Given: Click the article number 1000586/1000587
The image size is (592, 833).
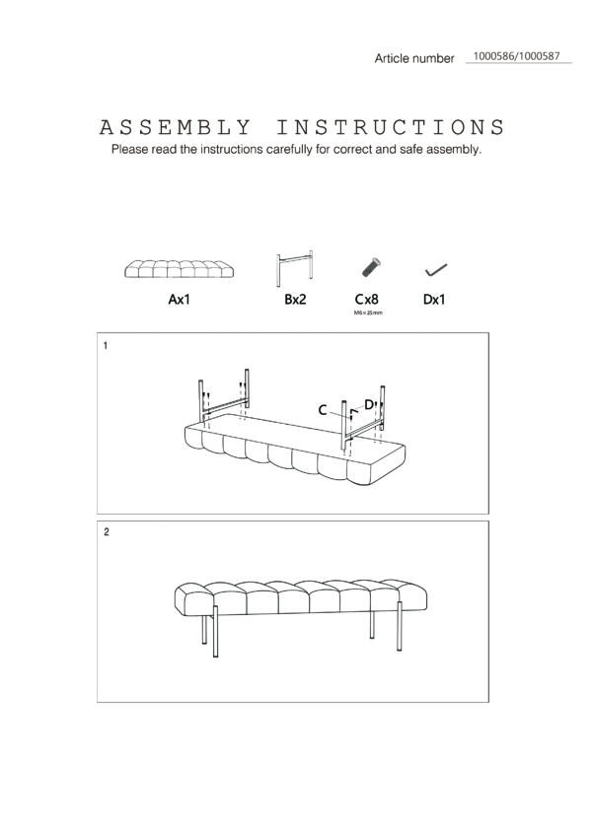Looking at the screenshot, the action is [516, 56].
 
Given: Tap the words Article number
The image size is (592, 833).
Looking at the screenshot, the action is [414, 58].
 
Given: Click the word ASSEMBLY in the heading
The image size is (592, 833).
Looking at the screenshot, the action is [175, 128].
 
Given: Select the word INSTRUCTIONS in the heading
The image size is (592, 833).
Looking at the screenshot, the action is [390, 128].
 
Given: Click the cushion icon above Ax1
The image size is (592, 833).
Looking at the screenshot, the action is [180, 269].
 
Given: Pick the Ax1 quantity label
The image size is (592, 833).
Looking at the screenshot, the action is [180, 300].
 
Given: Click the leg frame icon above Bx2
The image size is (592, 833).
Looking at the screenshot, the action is [295, 268].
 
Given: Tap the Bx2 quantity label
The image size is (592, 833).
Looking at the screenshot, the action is [295, 300].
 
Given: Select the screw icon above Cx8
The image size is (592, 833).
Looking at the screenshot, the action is [371, 267].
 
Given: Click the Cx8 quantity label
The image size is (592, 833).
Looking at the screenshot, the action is [367, 300].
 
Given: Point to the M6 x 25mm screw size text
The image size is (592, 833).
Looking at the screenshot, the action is [368, 312].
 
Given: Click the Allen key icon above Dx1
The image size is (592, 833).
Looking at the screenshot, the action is [436, 270].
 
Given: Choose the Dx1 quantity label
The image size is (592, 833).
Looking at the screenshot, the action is [434, 300].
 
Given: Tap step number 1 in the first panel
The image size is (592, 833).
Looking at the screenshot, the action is [106, 346].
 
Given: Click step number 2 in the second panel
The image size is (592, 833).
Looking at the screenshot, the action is [107, 531].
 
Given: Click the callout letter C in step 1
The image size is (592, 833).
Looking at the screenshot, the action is [323, 410].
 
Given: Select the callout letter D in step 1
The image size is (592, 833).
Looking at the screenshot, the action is [369, 404].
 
